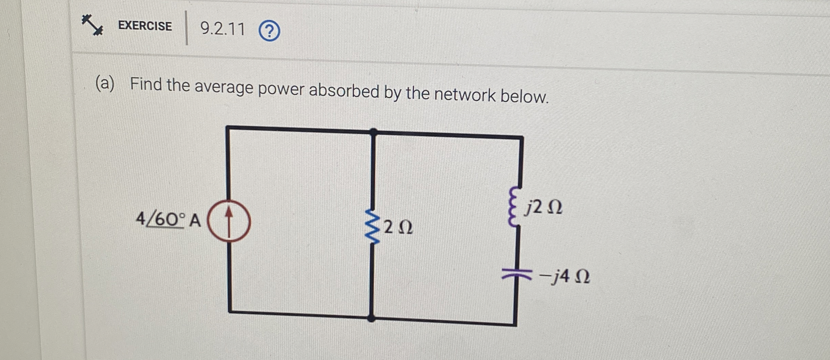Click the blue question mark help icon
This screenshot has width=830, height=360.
(269, 32)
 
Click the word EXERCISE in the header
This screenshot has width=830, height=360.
(145, 26)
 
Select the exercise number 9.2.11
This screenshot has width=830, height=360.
(223, 29)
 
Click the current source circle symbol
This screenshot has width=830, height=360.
(229, 221)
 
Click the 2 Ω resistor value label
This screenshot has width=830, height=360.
(398, 227)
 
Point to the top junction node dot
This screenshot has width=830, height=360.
(374, 131)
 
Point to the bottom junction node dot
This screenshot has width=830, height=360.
(371, 319)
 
